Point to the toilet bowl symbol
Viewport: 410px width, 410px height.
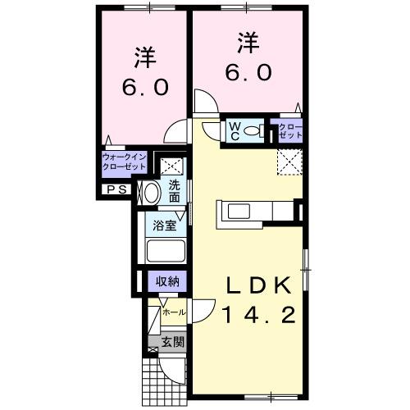coord(253,129)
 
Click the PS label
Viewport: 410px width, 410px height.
coord(112,189)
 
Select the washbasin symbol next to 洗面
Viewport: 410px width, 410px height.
coord(151,192)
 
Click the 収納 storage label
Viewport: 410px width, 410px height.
coord(167,281)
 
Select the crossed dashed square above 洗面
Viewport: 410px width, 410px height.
coord(171,164)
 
